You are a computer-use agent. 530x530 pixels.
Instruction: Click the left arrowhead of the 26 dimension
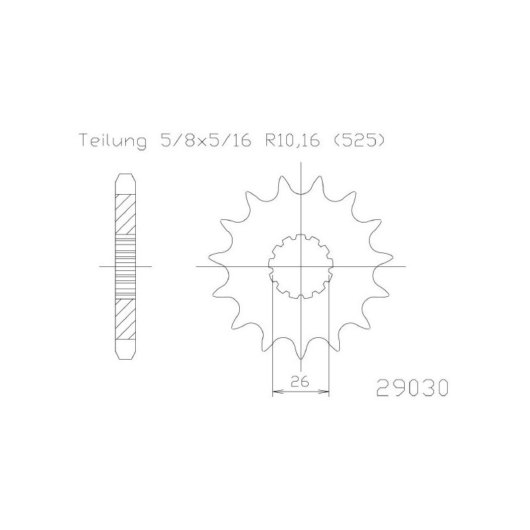click(276, 393)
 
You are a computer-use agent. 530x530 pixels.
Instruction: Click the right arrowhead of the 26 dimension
click(327, 393)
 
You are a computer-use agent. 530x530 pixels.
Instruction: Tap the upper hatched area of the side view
click(125, 215)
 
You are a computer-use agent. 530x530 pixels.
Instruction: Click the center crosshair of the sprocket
click(301, 266)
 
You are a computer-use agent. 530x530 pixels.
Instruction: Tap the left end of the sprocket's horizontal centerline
click(197, 266)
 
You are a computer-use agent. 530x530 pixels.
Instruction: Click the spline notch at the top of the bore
click(301, 239)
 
